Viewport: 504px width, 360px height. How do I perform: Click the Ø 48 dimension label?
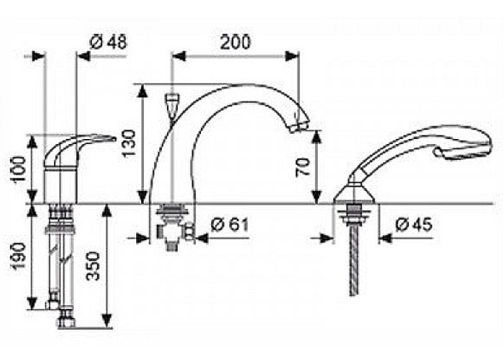point(108,42)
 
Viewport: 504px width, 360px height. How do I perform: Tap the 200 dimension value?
point(235,42)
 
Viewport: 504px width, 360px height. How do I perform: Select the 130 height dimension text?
point(129,143)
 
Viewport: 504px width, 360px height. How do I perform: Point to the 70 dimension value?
point(303,166)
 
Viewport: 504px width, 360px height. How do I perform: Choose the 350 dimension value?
point(94,266)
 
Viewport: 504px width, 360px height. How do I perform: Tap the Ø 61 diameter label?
point(230,225)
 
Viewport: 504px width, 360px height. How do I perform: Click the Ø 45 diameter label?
point(414,225)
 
